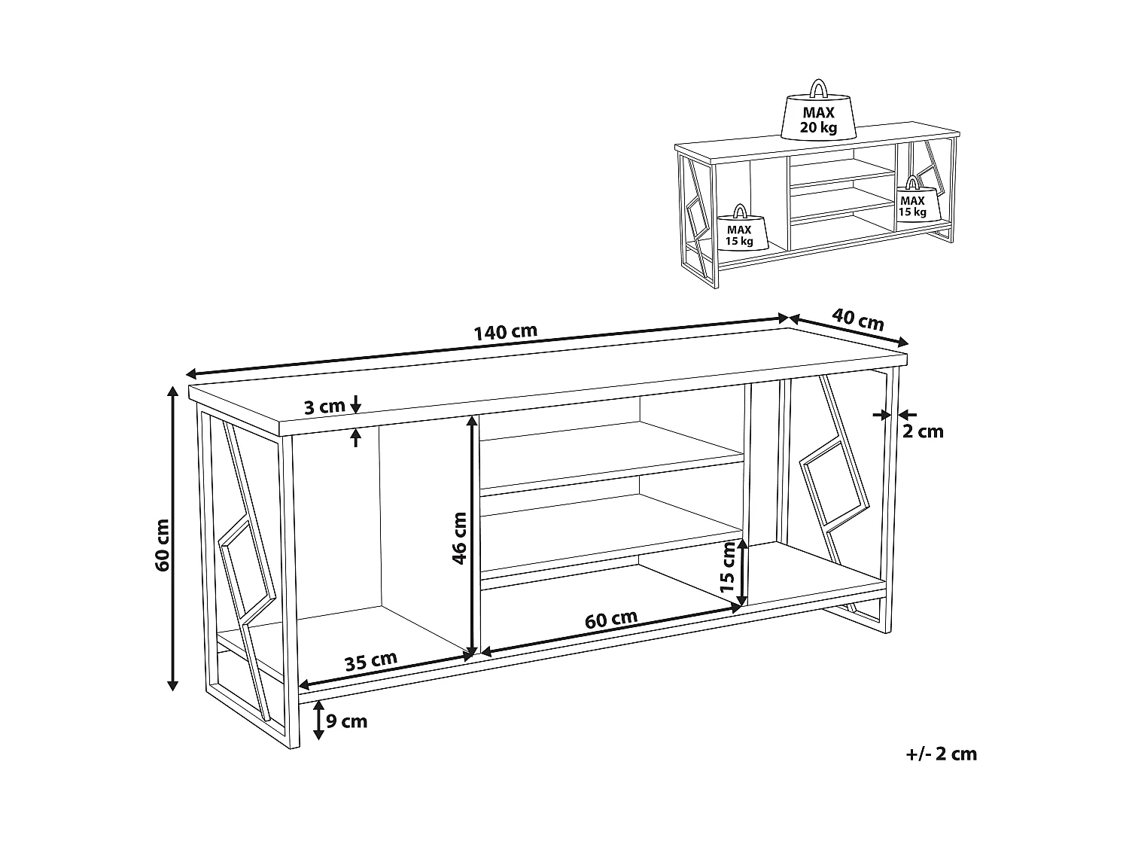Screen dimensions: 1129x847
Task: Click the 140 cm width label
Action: (505, 332)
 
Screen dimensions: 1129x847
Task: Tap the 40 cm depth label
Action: (858, 318)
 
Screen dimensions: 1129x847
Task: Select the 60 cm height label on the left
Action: (162, 545)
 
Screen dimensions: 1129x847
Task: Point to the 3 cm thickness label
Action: (324, 407)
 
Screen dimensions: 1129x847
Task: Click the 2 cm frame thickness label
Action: (924, 431)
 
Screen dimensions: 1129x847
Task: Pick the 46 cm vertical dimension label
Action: (459, 538)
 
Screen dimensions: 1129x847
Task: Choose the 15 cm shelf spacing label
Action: (728, 566)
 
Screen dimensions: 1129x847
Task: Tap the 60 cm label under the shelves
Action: (611, 619)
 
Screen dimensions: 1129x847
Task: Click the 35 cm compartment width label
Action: (371, 661)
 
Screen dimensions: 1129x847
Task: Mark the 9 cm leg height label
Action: (347, 721)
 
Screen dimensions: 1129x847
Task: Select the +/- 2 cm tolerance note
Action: (942, 754)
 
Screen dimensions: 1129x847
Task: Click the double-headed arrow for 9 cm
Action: (318, 720)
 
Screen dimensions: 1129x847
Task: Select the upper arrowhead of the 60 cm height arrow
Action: (173, 392)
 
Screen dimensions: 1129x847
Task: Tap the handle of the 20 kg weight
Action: (818, 88)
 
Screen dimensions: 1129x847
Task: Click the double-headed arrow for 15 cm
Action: (741, 572)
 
